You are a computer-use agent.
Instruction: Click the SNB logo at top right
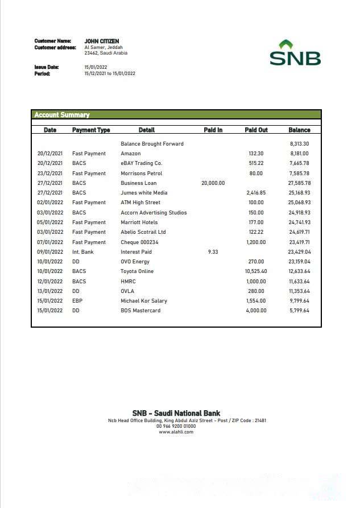coord(295,53)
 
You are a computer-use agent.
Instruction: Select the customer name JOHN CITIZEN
coord(102,41)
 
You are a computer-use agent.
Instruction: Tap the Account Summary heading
coord(62,115)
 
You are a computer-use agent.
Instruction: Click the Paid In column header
coord(213,130)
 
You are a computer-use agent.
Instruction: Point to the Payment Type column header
coord(91,130)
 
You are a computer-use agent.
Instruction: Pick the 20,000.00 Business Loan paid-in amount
coord(213,183)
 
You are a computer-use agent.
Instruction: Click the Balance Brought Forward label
coord(152,144)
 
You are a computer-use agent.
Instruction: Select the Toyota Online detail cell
coord(137,271)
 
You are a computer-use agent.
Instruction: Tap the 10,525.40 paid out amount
coord(255,271)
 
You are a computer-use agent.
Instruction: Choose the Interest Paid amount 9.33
coord(213,251)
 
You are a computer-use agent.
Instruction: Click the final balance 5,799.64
coord(299,311)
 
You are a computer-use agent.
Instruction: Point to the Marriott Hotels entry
coord(139,222)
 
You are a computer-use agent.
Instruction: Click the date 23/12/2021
coord(50,174)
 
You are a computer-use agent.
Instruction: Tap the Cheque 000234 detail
coord(139,242)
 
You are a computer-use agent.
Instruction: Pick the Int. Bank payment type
coord(83,251)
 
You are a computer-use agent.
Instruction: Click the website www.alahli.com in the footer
coord(176,432)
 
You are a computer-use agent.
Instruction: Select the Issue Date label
coord(47,67)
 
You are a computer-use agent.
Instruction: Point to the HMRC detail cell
coord(128,281)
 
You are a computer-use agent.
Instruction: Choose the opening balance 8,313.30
coord(299,144)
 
